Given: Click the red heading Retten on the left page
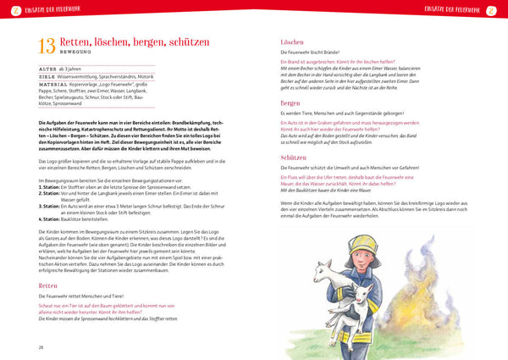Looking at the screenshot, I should [49, 285].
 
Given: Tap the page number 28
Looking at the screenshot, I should [41, 346].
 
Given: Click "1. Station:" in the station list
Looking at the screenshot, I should [52, 186].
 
